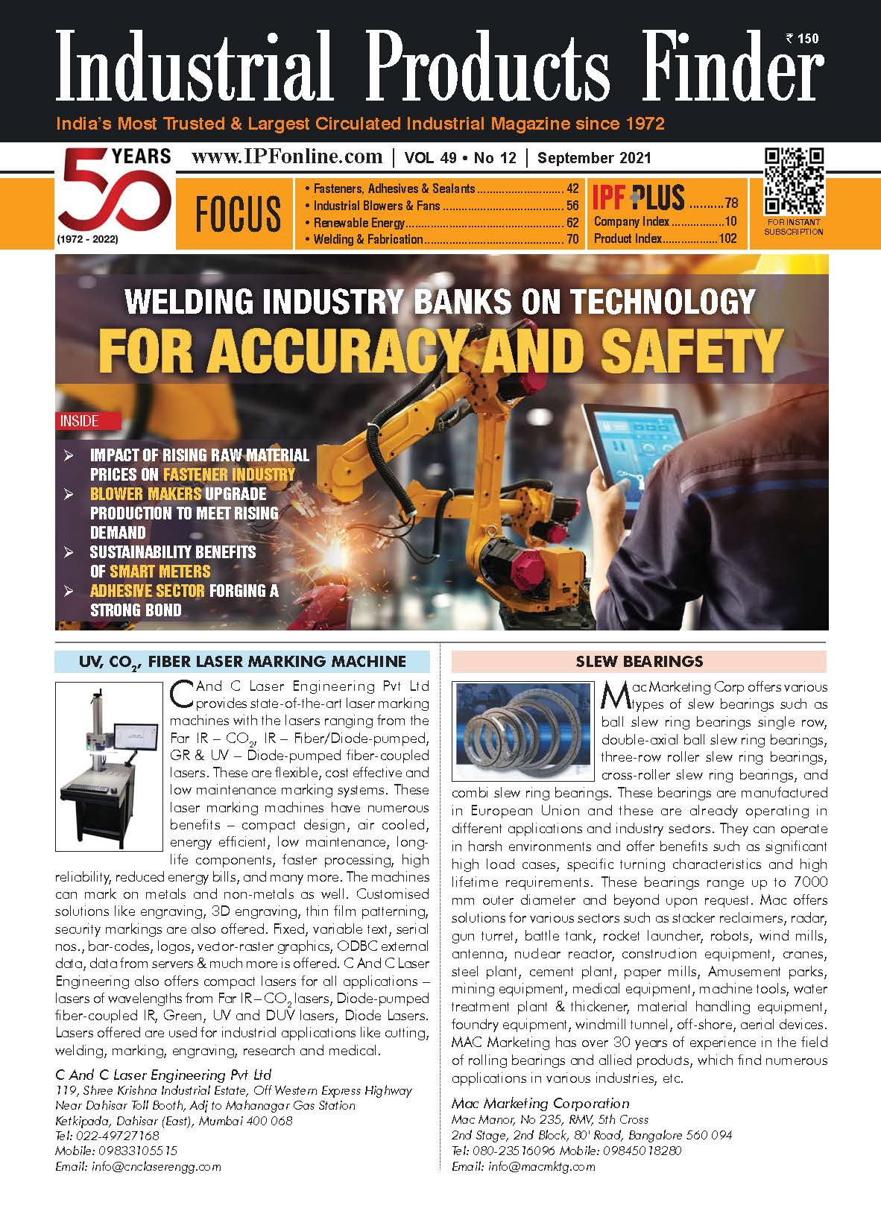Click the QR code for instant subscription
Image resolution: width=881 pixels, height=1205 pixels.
[x=794, y=181]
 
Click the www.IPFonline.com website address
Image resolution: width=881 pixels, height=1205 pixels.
[x=287, y=156]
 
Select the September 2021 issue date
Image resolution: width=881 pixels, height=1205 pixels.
[x=594, y=157]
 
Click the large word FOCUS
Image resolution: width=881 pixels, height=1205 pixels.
[x=238, y=214]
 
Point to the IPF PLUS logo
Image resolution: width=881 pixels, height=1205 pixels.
[x=639, y=197]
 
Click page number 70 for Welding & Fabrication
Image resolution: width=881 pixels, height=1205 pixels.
[x=572, y=239]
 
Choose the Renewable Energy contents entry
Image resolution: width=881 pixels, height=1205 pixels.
[x=359, y=223]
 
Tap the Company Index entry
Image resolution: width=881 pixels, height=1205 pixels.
[x=627, y=222]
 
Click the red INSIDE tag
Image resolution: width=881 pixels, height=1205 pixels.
[x=79, y=421]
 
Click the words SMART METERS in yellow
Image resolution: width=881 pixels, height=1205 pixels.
[x=160, y=572]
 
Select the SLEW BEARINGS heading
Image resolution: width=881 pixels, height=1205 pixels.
[x=639, y=661]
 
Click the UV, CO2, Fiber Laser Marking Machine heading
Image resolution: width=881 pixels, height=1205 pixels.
[x=242, y=661]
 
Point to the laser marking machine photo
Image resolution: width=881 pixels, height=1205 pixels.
[x=109, y=765]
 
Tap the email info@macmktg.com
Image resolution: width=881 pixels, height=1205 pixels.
[x=542, y=1166]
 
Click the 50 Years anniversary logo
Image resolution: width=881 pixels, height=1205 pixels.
[x=114, y=195]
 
